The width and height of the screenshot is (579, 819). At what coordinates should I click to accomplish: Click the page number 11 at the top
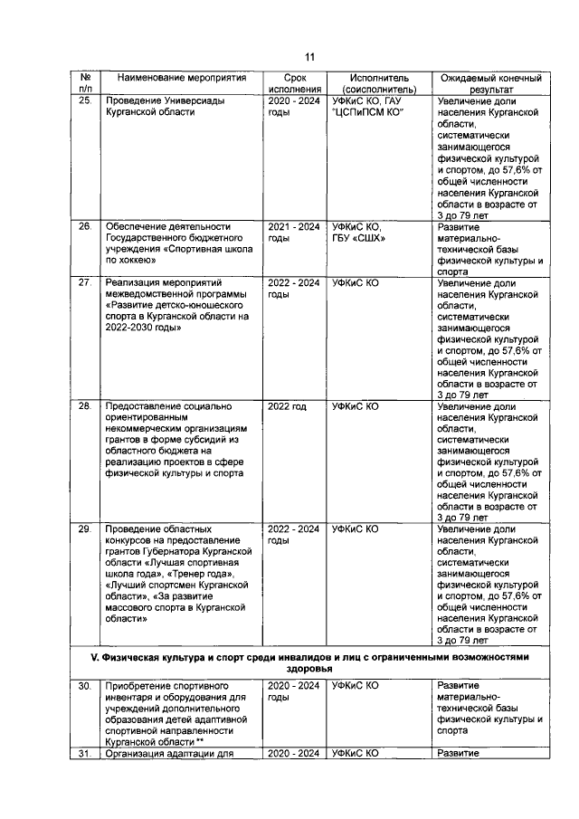pyautogui.click(x=308, y=57)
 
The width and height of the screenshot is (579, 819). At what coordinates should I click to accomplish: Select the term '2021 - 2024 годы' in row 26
pyautogui.click(x=294, y=232)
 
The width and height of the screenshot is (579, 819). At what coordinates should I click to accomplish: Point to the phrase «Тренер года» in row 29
pyautogui.click(x=206, y=575)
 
